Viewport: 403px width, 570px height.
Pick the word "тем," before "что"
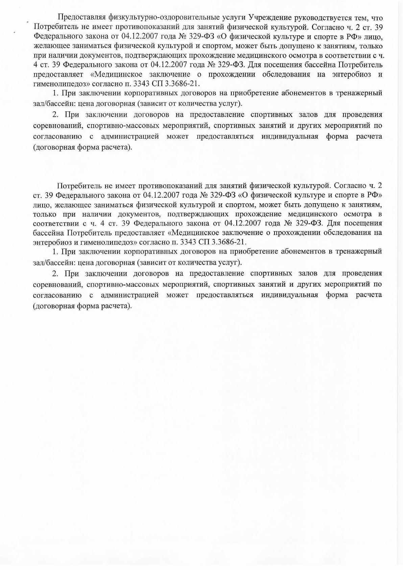click(x=363, y=18)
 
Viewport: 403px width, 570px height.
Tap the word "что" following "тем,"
click(x=377, y=18)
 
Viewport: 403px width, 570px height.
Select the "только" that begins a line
click(x=44, y=214)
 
